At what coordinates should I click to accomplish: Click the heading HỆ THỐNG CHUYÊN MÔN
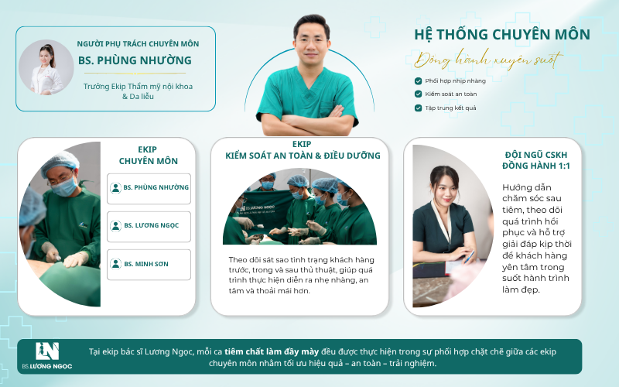[x=501, y=35]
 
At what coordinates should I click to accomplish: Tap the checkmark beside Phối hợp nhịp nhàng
[x=418, y=81]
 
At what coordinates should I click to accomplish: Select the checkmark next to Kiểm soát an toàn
[x=418, y=94]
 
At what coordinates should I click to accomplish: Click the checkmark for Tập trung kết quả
[x=418, y=108]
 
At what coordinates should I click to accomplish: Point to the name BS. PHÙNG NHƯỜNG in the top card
[x=135, y=60]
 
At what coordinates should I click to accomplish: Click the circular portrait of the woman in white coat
[x=46, y=67]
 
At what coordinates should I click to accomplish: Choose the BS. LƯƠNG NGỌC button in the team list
[x=149, y=227]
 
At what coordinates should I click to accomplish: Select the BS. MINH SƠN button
[x=149, y=265]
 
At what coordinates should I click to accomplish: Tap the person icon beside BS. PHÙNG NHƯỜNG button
[x=115, y=188]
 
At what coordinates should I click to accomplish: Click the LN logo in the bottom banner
[x=47, y=351]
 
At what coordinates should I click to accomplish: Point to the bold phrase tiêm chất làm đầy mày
[x=272, y=352]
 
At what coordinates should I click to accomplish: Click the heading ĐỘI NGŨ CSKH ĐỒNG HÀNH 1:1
[x=535, y=160]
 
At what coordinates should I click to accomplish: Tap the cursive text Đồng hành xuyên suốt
[x=488, y=60]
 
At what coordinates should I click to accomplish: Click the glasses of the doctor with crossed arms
[x=312, y=41]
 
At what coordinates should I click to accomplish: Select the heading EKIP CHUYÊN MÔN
[x=148, y=156]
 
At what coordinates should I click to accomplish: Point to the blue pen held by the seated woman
[x=469, y=257]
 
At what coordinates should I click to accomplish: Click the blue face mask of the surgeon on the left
[x=64, y=187]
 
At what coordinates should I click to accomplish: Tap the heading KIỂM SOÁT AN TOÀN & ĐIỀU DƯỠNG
[x=303, y=156]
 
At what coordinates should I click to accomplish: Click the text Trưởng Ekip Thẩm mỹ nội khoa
[x=138, y=87]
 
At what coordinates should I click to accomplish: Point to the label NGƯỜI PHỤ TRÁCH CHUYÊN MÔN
[x=138, y=44]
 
